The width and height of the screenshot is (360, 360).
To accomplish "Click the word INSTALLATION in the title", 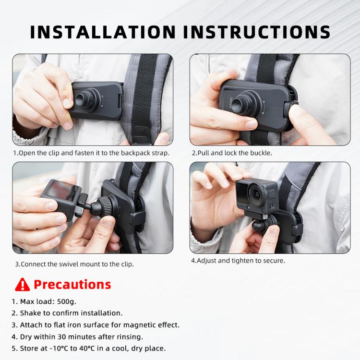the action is [103, 32].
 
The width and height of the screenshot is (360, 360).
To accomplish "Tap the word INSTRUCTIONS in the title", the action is [257, 32].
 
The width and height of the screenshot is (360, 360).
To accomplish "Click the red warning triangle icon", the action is [22, 285].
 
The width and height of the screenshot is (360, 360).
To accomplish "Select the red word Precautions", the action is [72, 285].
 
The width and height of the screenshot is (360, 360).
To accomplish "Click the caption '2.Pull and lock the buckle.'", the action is [232, 153].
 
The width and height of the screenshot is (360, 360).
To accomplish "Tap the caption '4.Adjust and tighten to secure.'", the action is [238, 261].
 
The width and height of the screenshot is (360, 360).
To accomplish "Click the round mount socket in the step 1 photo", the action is [85, 99].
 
